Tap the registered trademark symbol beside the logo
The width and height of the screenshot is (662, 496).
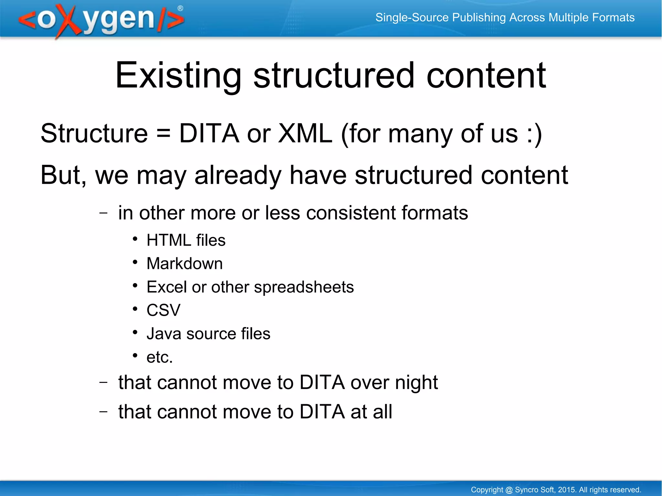[180, 8]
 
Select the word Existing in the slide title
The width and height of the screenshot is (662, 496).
[178, 76]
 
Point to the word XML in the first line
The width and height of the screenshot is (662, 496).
[305, 134]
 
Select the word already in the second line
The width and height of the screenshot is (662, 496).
[238, 175]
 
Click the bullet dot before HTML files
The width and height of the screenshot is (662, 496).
[135, 239]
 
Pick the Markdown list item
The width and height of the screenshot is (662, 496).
[185, 264]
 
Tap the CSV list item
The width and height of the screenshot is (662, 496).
[163, 310]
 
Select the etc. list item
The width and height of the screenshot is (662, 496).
[159, 357]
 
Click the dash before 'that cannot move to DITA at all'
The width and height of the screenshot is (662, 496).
[103, 412]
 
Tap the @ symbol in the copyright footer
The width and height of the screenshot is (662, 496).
[509, 490]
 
